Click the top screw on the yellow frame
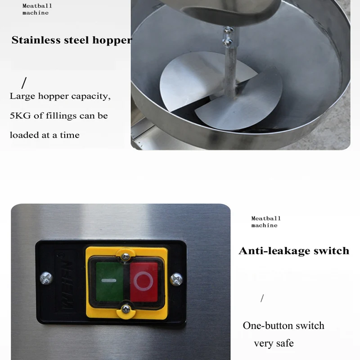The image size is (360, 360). (126, 257)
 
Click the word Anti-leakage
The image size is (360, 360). (273, 251)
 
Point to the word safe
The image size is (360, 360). (283, 343)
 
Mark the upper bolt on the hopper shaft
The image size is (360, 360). (229, 31)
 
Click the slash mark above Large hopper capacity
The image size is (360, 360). (24, 83)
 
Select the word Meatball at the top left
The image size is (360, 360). (37, 6)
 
